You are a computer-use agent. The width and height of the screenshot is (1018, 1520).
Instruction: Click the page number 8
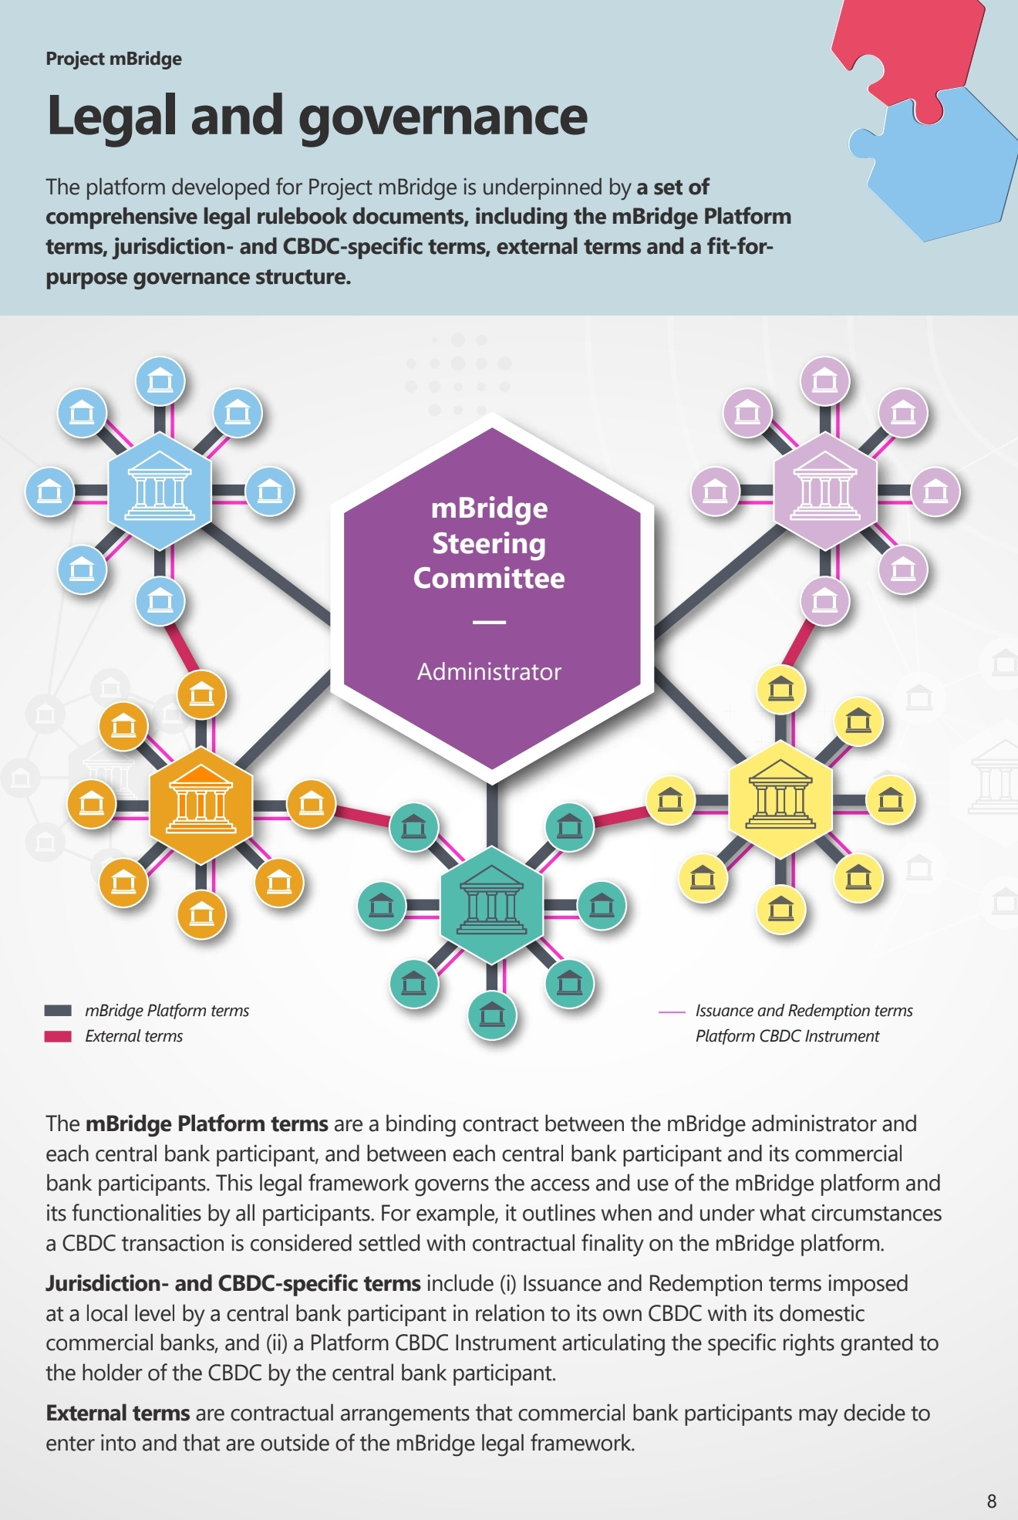991,1501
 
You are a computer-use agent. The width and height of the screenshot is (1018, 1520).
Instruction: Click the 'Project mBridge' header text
113,59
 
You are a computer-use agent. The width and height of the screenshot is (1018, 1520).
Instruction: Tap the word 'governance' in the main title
443,117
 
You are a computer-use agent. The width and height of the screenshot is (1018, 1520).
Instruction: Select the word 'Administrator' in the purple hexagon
489,671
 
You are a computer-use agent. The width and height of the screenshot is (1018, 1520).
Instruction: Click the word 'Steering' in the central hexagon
489,543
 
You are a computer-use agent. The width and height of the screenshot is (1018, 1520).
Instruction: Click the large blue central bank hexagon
160,491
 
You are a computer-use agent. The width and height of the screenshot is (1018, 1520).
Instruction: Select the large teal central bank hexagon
492,905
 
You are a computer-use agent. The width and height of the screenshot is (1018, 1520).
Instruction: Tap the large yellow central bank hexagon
780,799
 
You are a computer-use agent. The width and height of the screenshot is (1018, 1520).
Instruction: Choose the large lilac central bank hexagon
824,491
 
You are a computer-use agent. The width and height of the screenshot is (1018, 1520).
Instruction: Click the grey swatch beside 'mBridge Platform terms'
58,1011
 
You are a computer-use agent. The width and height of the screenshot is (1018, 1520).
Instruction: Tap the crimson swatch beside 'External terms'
58,1036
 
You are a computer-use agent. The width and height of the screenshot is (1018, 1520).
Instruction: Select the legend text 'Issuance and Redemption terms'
804,1011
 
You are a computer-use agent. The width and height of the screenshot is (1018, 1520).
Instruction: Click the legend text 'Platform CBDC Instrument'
787,1036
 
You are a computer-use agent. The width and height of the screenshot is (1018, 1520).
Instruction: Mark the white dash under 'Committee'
489,622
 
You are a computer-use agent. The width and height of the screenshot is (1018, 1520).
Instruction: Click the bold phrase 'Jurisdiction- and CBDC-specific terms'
233,1283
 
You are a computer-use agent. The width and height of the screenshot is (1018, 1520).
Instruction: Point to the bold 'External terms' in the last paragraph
117,1413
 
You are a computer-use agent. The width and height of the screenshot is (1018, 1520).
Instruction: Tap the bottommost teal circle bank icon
492,1015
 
